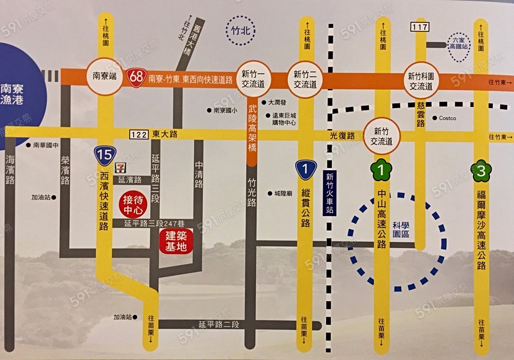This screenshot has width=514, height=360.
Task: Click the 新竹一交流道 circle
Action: click(252, 79)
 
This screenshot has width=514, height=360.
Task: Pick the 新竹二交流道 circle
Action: click(304, 79)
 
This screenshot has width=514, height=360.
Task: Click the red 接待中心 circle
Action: click(136, 204)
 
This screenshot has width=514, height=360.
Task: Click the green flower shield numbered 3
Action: click(481, 169)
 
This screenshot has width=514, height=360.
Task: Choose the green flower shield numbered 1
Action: click(381, 169)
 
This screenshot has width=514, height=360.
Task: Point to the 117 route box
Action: click(419, 27)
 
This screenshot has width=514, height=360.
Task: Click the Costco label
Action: click(447, 118)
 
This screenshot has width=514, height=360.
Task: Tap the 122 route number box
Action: click(138, 134)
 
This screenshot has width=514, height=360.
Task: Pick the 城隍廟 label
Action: click(283, 194)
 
